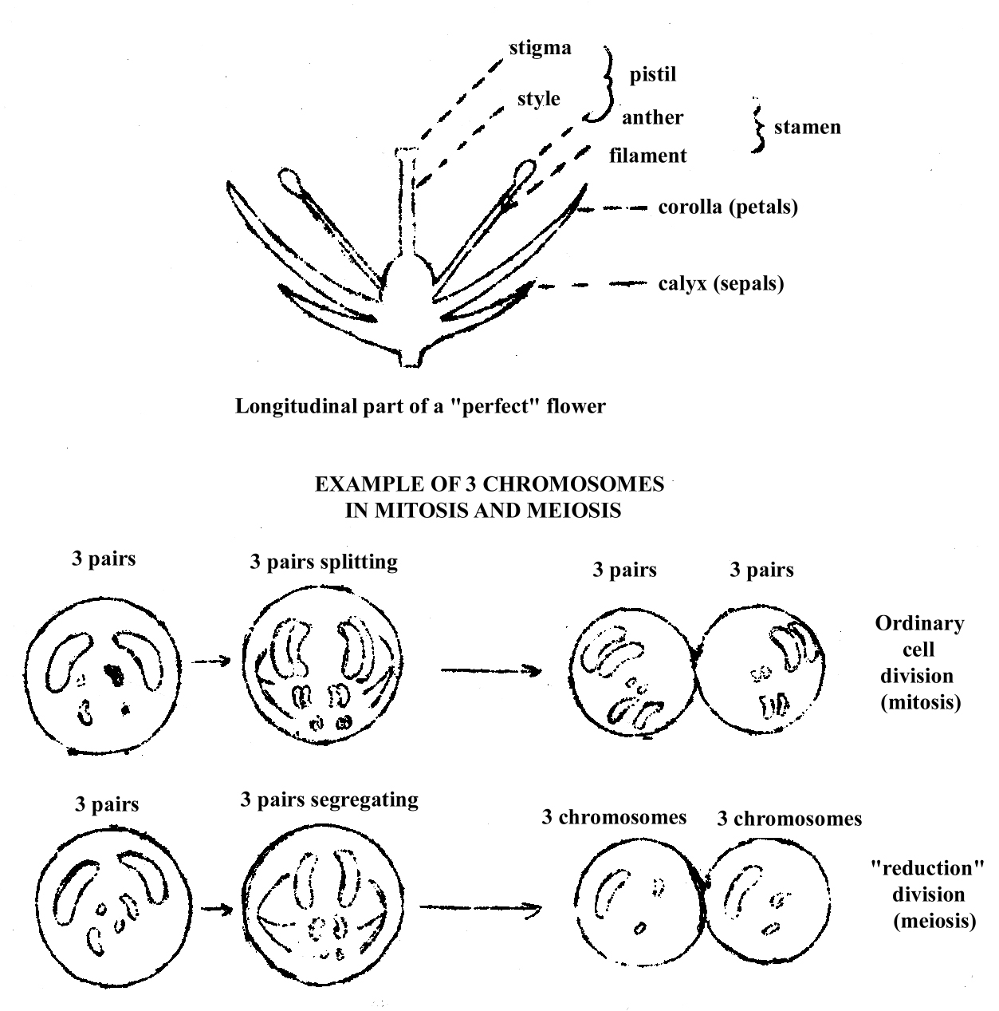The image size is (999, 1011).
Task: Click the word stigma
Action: click(541, 49)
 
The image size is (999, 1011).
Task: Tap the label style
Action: click(538, 100)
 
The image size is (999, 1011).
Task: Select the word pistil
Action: click(653, 74)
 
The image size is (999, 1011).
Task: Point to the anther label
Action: click(652, 117)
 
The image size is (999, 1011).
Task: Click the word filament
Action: click(647, 156)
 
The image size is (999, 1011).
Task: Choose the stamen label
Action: click(807, 127)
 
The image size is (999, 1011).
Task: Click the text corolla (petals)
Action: click(728, 207)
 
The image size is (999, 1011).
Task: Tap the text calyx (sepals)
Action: click(721, 283)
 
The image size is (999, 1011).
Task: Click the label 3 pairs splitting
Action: click(323, 562)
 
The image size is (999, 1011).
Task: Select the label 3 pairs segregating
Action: click(328, 800)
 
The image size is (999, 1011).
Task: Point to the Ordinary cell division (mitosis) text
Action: click(919, 662)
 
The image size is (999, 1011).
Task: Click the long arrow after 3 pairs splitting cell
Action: click(490, 670)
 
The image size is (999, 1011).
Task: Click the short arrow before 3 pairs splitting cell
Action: click(212, 661)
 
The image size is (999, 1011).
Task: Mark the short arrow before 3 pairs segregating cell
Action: click(216, 908)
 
